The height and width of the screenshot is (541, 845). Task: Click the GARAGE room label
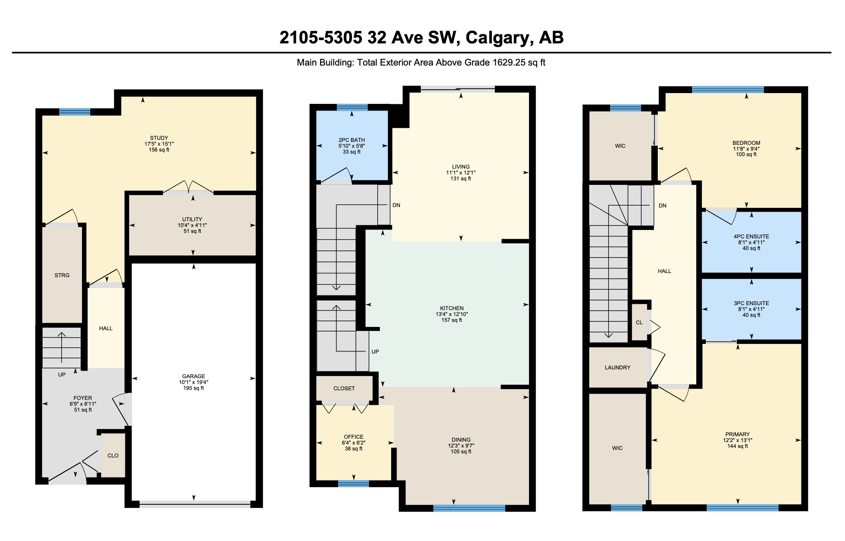(x=193, y=376)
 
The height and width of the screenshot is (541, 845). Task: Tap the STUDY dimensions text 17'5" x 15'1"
(x=159, y=144)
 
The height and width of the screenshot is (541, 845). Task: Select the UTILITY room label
(x=192, y=219)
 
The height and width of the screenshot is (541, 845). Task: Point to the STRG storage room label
(x=62, y=276)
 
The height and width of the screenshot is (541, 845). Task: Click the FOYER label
(x=83, y=398)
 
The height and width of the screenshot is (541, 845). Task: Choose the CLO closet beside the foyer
(x=113, y=456)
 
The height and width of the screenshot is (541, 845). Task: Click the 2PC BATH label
(x=351, y=140)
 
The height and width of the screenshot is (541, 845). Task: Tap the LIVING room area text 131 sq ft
(x=461, y=179)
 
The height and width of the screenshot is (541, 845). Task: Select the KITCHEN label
(x=452, y=308)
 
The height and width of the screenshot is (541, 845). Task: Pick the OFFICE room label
(x=354, y=437)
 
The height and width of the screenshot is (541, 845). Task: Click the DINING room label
(x=461, y=440)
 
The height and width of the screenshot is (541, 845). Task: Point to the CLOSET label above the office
(x=344, y=389)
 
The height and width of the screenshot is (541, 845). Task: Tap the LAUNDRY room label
(x=617, y=368)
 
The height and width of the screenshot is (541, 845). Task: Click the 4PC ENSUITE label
(x=751, y=237)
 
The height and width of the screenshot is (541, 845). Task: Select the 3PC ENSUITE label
(x=751, y=303)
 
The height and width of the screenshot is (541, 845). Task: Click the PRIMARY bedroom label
(x=737, y=435)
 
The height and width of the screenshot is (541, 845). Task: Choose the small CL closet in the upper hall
(x=639, y=323)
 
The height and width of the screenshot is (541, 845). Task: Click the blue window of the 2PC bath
(x=352, y=107)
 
